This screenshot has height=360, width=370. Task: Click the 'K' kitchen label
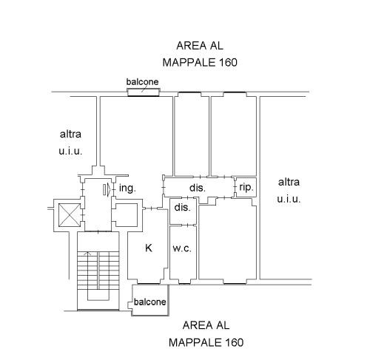tap(149, 248)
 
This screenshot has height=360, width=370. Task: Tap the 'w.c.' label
tap(182, 248)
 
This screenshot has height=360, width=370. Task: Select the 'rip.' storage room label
tap(246, 187)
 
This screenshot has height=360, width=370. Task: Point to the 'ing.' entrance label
tap(127, 189)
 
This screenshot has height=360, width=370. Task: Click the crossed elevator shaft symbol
tap(70, 215)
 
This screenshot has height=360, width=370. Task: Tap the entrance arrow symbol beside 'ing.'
tap(107, 190)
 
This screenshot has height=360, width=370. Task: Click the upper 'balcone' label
tap(142, 82)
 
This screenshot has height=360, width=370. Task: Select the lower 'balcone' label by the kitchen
tap(149, 302)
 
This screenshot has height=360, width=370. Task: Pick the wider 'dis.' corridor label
tap(198, 188)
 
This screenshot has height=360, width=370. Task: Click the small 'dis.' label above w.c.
tap(182, 208)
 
